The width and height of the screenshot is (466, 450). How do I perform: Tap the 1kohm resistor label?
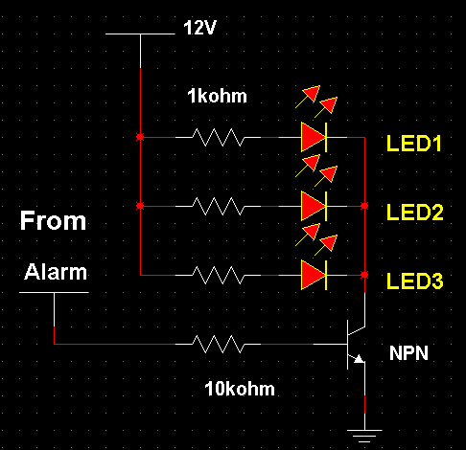(x=217, y=97)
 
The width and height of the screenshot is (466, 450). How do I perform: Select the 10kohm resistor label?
(x=239, y=389)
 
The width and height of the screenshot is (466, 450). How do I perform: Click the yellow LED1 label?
(x=414, y=145)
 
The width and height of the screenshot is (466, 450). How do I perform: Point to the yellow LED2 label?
(x=414, y=213)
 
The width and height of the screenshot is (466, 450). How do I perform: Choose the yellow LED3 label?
(x=414, y=281)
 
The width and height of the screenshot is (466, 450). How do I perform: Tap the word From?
(x=54, y=222)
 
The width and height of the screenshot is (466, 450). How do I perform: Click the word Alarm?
(x=55, y=272)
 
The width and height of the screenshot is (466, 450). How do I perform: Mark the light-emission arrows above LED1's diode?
(x=318, y=100)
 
